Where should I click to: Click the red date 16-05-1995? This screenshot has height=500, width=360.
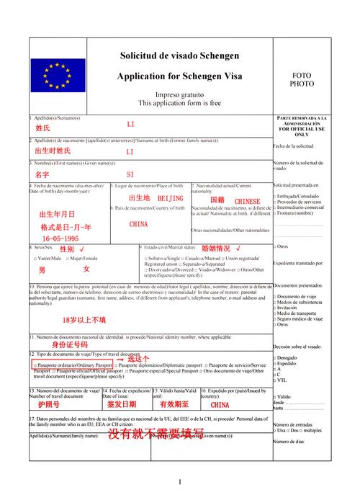(60, 238)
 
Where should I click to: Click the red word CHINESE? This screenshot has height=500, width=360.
(247, 201)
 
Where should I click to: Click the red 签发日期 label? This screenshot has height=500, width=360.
(121, 405)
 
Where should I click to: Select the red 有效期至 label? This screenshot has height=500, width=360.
(174, 405)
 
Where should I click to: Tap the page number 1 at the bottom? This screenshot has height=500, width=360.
(180, 481)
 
